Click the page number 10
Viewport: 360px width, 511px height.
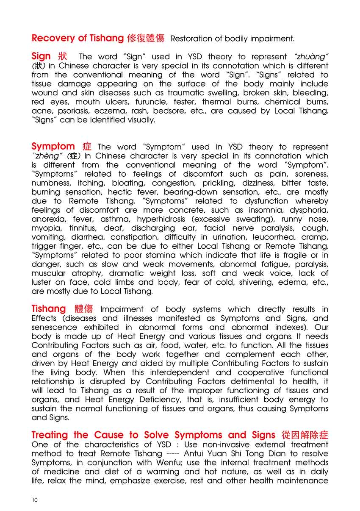click(x=35, y=500)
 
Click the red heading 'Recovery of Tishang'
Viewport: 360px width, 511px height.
click(x=78, y=38)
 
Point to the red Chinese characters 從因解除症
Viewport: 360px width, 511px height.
click(x=305, y=435)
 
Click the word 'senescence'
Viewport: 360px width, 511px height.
click(x=54, y=328)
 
